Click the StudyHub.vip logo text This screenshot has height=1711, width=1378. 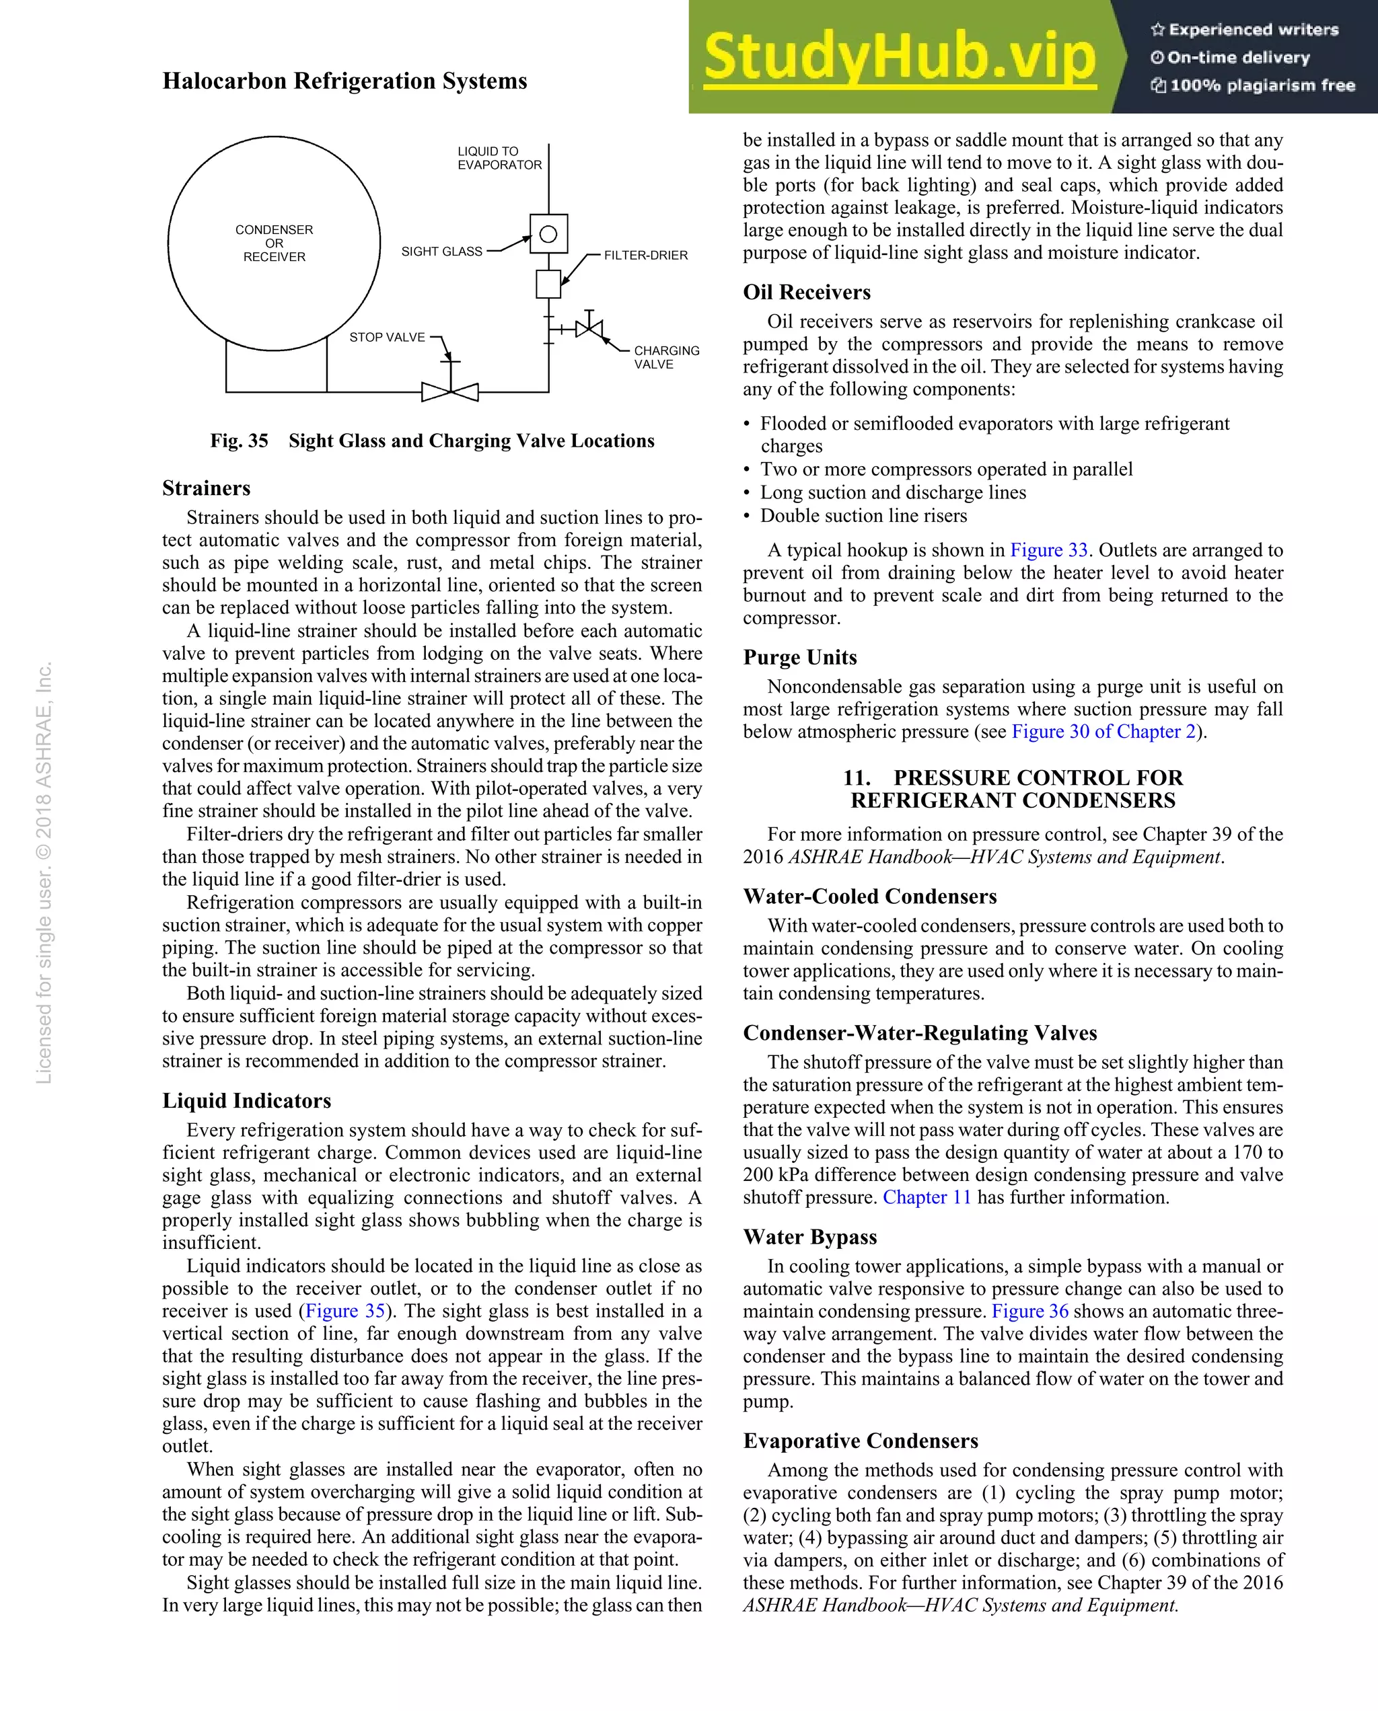pyautogui.click(x=900, y=57)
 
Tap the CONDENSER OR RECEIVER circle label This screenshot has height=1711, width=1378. pyautogui.click(x=274, y=243)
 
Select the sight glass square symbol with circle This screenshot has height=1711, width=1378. pyautogui.click(x=548, y=234)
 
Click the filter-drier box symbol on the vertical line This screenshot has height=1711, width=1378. pyautogui.click(x=548, y=283)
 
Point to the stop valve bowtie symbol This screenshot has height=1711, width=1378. pyautogui.click(x=450, y=391)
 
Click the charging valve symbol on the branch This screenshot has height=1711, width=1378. pyautogui.click(x=589, y=328)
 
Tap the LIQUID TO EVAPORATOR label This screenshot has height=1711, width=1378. pyautogui.click(x=499, y=158)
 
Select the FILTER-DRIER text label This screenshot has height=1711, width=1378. pyautogui.click(x=645, y=255)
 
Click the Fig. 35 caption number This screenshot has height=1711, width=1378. pyautogui.click(x=239, y=441)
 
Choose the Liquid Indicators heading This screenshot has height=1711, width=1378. pyautogui.click(x=246, y=1100)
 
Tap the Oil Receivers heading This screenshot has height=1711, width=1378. pyautogui.click(x=807, y=292)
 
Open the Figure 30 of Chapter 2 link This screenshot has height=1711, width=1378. pyautogui.click(x=1103, y=731)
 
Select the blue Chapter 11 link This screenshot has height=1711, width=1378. pyautogui.click(x=927, y=1196)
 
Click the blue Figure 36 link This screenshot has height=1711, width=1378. pyautogui.click(x=1029, y=1311)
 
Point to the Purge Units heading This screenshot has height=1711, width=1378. pyautogui.click(x=799, y=657)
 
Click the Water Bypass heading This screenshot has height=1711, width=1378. pyautogui.click(x=809, y=1236)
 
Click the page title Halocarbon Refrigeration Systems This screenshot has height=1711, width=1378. pyautogui.click(x=344, y=81)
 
